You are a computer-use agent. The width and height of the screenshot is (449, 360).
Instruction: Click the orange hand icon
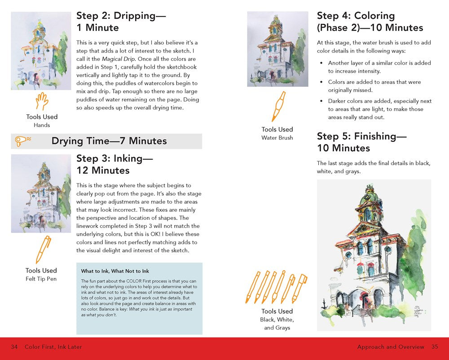(x=42, y=101)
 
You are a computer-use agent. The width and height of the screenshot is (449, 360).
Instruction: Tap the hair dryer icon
(x=23, y=141)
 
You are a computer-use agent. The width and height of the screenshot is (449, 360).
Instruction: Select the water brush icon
(x=278, y=107)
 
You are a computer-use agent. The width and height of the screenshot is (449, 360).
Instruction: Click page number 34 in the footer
(x=14, y=347)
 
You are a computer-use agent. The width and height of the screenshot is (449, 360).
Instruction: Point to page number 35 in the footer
(x=434, y=347)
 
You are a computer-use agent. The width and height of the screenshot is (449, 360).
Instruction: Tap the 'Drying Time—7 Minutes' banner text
(x=109, y=141)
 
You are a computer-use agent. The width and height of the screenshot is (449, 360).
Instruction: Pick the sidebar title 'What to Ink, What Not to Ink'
(x=115, y=271)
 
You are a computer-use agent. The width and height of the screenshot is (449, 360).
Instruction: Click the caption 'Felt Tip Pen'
(x=41, y=279)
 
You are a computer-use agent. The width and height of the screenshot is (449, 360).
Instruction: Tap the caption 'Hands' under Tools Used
(x=42, y=125)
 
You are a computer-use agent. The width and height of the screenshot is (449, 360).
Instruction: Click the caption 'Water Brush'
(x=277, y=138)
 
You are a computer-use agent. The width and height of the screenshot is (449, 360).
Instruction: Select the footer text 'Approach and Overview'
(x=391, y=347)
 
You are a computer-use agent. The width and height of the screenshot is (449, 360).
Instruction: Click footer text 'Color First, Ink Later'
(x=53, y=347)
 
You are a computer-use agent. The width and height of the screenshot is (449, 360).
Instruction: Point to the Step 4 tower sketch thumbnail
(x=277, y=49)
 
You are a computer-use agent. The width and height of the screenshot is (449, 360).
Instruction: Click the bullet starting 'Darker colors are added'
(x=375, y=109)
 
